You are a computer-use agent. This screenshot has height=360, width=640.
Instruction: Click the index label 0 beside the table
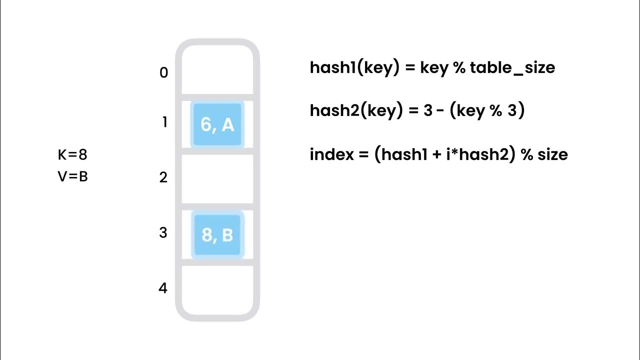point(163,73)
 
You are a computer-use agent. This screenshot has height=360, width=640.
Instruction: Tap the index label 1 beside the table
point(164,122)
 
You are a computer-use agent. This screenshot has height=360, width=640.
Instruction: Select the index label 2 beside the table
point(163,177)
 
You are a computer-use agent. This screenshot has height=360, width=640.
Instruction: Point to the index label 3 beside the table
point(163,232)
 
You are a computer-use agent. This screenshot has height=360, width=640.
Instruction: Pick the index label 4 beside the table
point(163,288)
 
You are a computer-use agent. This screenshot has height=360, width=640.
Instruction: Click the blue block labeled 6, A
point(217,124)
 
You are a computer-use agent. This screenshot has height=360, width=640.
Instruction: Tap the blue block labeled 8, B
point(217,234)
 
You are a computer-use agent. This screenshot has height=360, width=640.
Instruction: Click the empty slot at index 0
point(217,70)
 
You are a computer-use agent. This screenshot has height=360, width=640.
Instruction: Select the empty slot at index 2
point(217,178)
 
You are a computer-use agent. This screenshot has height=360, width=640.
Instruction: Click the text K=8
point(72,155)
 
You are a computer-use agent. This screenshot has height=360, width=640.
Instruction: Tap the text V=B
point(73,176)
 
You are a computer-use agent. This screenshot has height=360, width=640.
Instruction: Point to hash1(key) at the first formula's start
point(354,67)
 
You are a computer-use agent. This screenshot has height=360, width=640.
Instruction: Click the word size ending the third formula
point(553,154)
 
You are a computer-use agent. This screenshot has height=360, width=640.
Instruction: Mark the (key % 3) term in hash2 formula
point(487,110)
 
